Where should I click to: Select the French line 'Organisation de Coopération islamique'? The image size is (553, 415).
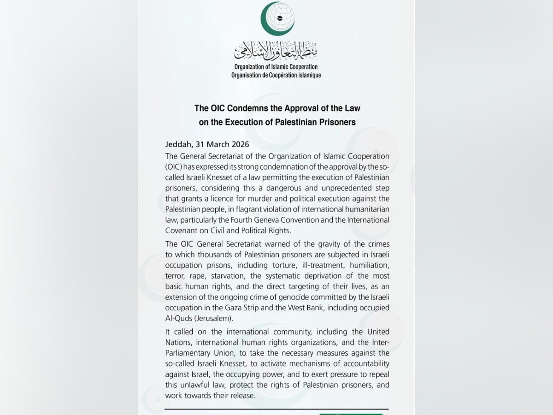(277, 75)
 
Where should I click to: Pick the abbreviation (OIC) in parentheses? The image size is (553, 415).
(173, 167)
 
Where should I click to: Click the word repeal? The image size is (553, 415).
(378, 374)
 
